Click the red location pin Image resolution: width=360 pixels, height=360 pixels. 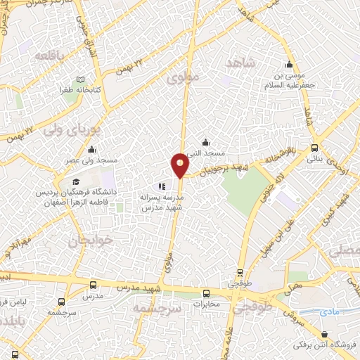pyautogui.click(x=180, y=165)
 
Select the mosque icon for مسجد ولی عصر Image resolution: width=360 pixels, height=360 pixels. pyautogui.click(x=91, y=149)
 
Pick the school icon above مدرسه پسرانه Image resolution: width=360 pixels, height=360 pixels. pyautogui.click(x=161, y=187)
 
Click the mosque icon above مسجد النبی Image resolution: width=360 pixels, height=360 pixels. pyautogui.click(x=205, y=142)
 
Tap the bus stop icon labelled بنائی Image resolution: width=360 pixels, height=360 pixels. pyautogui.click(x=314, y=148)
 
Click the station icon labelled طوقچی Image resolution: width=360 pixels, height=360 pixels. pyautogui.click(x=240, y=273)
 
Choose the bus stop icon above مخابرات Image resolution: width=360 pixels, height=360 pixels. pyautogui.click(x=206, y=293)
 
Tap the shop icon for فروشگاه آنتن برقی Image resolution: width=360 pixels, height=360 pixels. pyautogui.click(x=324, y=335)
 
